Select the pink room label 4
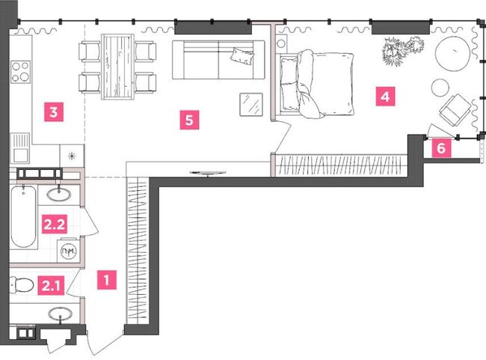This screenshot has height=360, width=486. (x=384, y=97)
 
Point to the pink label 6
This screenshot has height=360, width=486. (x=441, y=147)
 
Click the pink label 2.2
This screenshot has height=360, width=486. (x=54, y=223)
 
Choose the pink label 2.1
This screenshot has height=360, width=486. (x=51, y=284)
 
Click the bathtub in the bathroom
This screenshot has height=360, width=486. (x=23, y=217)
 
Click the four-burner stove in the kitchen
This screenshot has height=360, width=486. (x=20, y=73)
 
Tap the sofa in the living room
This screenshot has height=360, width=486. (x=216, y=59)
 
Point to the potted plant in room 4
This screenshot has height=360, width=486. (x=397, y=51)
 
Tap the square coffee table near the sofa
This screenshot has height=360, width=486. (x=252, y=103)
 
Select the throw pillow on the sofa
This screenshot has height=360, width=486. (x=242, y=55)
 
